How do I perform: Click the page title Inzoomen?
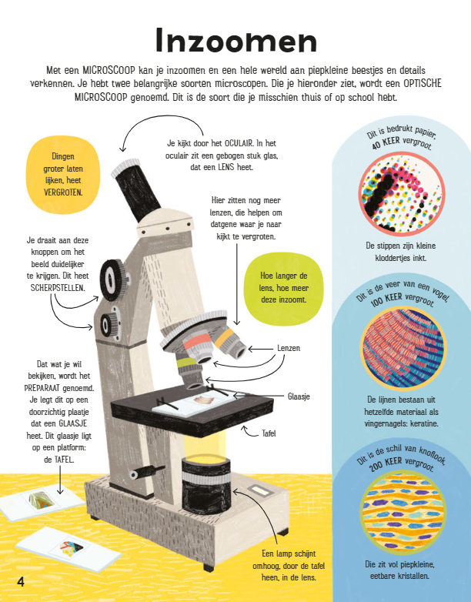pyautogui.click(x=236, y=40)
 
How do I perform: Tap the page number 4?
pyautogui.click(x=21, y=581)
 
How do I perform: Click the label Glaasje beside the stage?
pyautogui.click(x=299, y=396)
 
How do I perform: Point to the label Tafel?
pyautogui.click(x=269, y=433)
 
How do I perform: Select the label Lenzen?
pyautogui.click(x=289, y=348)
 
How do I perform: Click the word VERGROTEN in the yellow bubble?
pyautogui.click(x=63, y=192)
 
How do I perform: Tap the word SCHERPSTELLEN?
pyautogui.click(x=58, y=288)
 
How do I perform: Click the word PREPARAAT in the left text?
pyautogui.click(x=42, y=388)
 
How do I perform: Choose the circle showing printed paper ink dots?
pyautogui.click(x=402, y=193)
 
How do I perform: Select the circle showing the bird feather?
pyautogui.click(x=403, y=348)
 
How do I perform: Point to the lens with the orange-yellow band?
pyautogui.click(x=229, y=343)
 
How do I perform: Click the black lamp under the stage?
pyautogui.click(x=206, y=485)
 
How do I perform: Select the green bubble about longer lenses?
pyautogui.click(x=284, y=288)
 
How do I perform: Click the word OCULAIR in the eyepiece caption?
pyautogui.click(x=239, y=143)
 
